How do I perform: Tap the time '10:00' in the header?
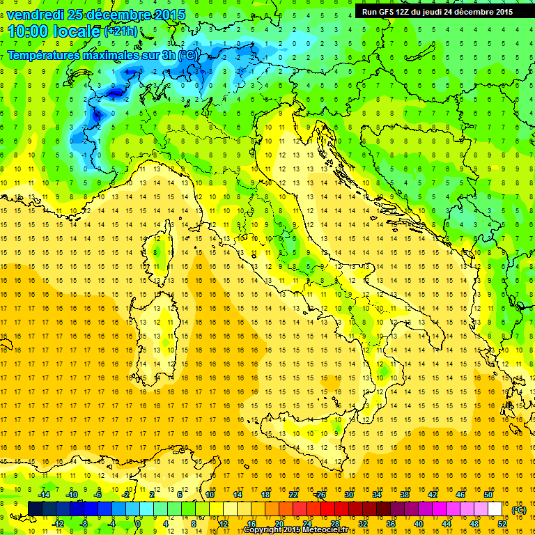[x=32, y=31]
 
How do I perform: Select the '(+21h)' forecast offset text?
[x=121, y=31]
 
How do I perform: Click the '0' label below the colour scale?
[x=138, y=523]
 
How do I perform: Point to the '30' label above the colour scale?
[x=348, y=495]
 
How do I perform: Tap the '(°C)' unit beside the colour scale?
[x=519, y=509]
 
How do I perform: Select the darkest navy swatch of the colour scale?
[x=35, y=509]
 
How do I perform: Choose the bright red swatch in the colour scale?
[x=327, y=509]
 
